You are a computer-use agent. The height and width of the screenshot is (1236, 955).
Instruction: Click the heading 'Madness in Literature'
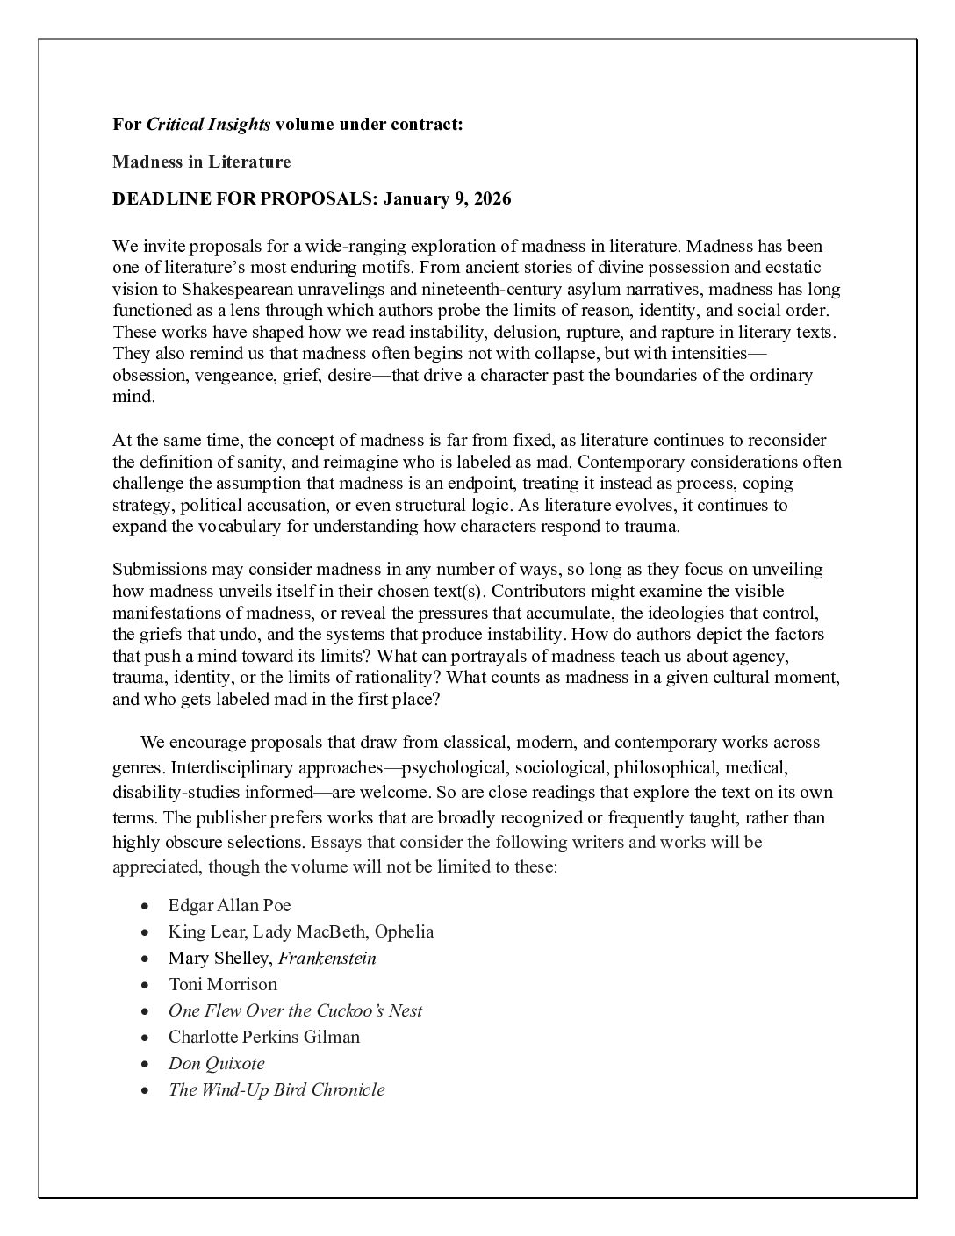tap(201, 162)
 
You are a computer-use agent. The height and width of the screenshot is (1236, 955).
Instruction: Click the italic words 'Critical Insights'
tap(208, 124)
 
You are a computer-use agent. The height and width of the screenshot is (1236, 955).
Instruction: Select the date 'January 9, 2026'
tap(448, 198)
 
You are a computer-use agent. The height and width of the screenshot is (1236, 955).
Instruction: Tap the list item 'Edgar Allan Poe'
tap(229, 905)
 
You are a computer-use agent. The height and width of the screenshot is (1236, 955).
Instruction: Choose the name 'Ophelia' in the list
tap(405, 931)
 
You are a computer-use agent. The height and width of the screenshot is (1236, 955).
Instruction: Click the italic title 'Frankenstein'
tap(327, 958)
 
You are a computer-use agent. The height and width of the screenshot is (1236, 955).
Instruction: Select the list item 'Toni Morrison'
tap(222, 984)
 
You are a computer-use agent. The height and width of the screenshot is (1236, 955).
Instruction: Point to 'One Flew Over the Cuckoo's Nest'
tap(295, 1010)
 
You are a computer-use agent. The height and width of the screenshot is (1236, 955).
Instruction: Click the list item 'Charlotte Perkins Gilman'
tap(263, 1037)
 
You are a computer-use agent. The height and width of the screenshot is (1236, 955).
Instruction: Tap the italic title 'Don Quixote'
tap(216, 1063)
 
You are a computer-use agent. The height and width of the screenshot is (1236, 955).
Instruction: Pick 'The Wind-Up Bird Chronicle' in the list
tap(276, 1089)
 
